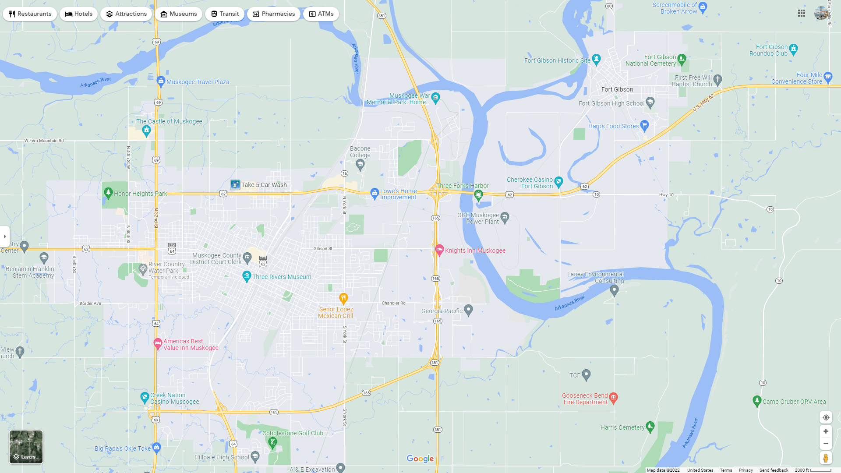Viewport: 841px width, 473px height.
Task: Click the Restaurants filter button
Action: (x=30, y=14)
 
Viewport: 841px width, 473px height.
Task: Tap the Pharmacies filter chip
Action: (x=273, y=14)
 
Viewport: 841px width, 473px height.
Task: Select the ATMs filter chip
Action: (x=321, y=14)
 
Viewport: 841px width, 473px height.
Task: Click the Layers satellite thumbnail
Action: (x=26, y=447)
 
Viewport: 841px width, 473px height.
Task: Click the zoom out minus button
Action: (x=826, y=444)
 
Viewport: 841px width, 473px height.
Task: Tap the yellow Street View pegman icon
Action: (x=826, y=458)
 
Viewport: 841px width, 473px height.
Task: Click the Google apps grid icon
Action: (x=802, y=14)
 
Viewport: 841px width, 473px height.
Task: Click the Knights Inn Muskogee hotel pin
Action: (x=439, y=250)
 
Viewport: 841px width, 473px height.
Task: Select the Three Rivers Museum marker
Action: (x=247, y=276)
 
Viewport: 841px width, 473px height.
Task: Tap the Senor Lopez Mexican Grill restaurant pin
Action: (x=343, y=298)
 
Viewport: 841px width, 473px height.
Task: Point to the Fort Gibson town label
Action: (x=617, y=89)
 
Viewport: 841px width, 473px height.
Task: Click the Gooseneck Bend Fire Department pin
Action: (x=613, y=398)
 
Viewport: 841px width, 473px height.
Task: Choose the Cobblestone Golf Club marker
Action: (x=273, y=442)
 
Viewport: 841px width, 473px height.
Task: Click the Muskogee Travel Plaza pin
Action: (x=161, y=81)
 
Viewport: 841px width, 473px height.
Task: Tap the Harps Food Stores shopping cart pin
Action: (x=644, y=126)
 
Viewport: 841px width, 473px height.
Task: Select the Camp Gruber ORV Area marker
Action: (x=757, y=401)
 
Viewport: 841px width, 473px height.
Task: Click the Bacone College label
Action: (x=360, y=152)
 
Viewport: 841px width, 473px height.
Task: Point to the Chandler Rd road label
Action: (x=393, y=303)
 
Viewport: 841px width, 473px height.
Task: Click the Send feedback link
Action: (x=774, y=470)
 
